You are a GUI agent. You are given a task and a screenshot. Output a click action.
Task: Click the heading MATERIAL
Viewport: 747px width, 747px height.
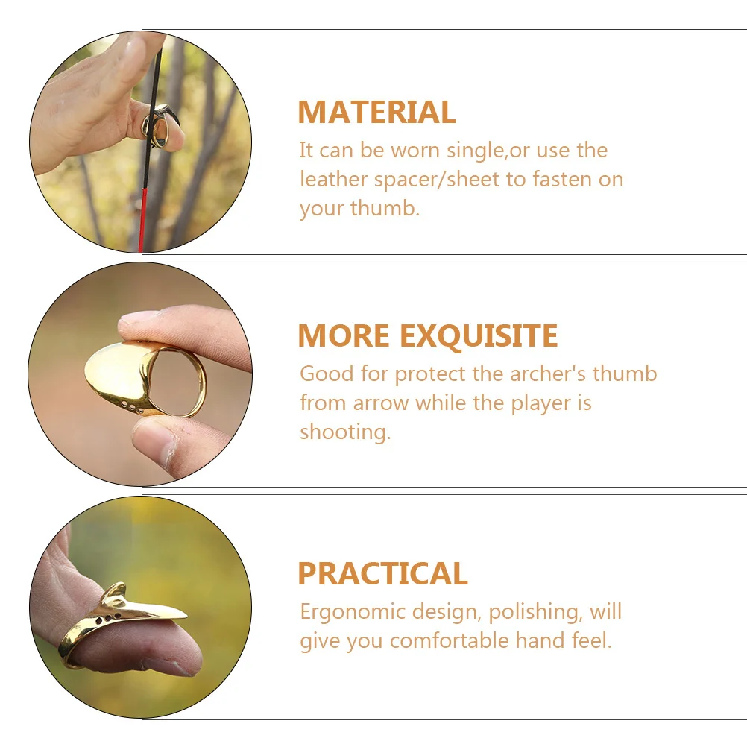pyautogui.click(x=376, y=113)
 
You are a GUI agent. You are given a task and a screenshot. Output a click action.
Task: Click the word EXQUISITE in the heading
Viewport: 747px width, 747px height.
pyautogui.click(x=479, y=336)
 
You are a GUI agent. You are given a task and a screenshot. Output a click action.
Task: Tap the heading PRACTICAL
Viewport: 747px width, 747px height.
pyautogui.click(x=382, y=574)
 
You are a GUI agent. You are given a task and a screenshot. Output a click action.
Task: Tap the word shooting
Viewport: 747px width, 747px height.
pyautogui.click(x=344, y=432)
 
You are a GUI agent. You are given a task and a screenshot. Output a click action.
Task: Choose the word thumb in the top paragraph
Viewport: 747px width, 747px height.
pyautogui.click(x=383, y=208)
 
